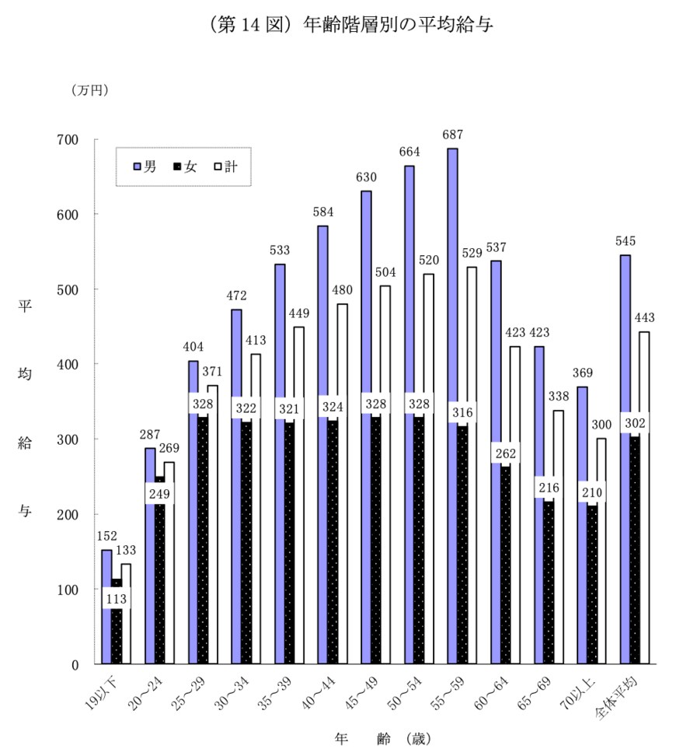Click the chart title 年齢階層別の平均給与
[400, 25]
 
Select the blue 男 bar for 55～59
[452, 404]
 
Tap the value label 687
[452, 135]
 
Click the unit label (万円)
[91, 90]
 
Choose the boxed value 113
[116, 599]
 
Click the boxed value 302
[634, 423]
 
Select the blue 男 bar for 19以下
[106, 607]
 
